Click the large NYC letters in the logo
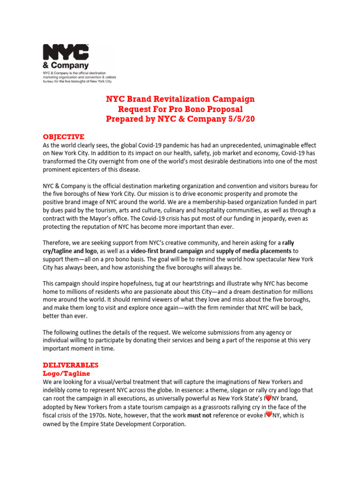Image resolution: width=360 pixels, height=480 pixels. coord(66,53)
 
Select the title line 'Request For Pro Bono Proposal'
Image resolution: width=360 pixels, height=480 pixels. coord(180,109)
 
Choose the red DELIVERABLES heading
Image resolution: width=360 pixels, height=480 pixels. coord(70,365)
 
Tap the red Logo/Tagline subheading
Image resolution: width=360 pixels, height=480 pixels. coord(66,374)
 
